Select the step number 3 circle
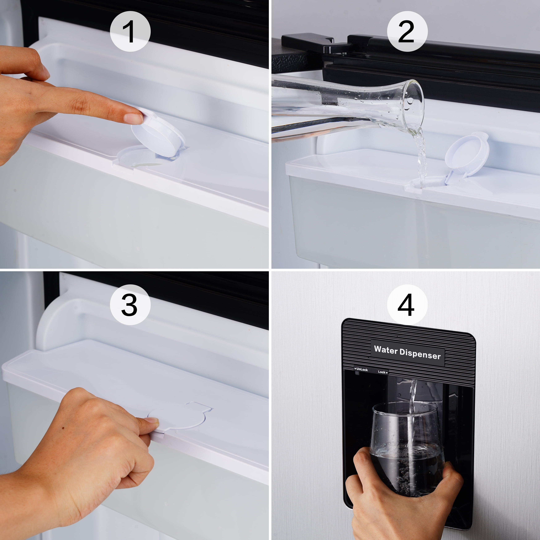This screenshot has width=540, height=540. point(130,305)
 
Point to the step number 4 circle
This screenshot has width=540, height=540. point(407,305)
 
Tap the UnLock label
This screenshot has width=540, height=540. point(361,370)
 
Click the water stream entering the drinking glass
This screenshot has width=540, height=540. point(411,419)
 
